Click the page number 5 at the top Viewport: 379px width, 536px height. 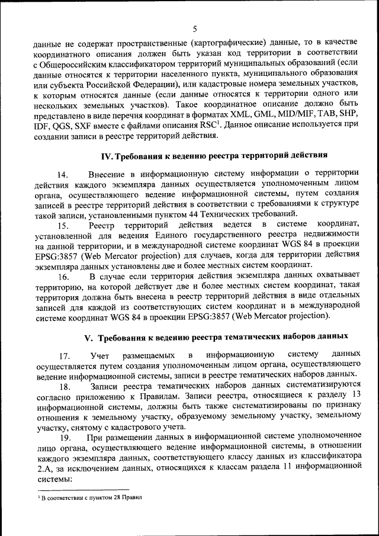(194, 28)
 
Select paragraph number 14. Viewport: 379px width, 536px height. (63, 175)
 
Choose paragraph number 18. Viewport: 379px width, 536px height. (63, 386)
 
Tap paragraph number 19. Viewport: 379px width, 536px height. (63, 438)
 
